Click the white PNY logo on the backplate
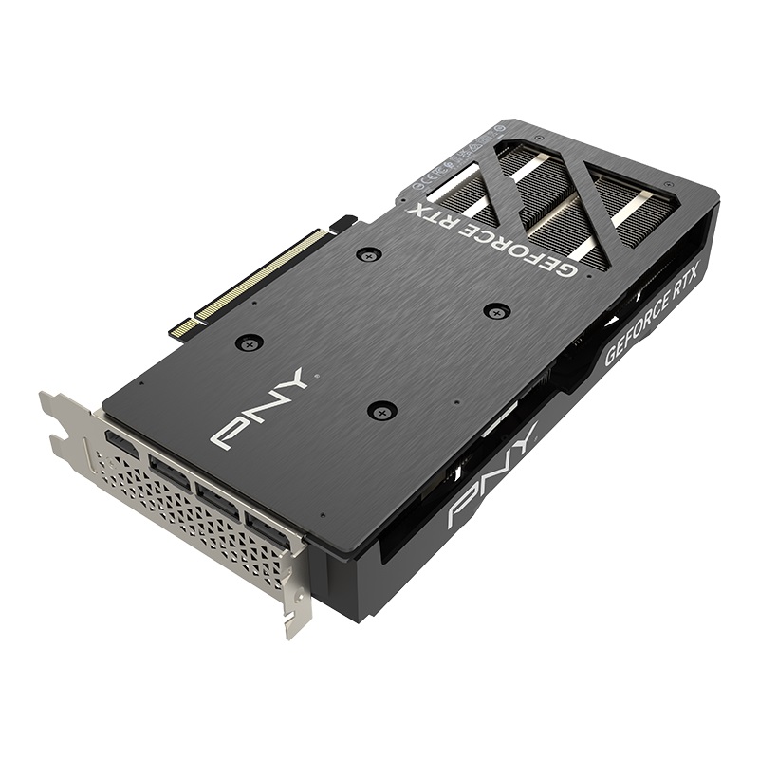coord(257,409)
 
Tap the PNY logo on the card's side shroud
coord(492,477)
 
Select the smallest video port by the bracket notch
coord(120,443)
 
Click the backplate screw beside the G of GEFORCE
coord(496,310)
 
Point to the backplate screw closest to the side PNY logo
coord(382,410)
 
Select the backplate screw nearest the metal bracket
coord(249,343)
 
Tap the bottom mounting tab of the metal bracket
coord(295,612)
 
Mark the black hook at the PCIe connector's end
coord(342,223)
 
